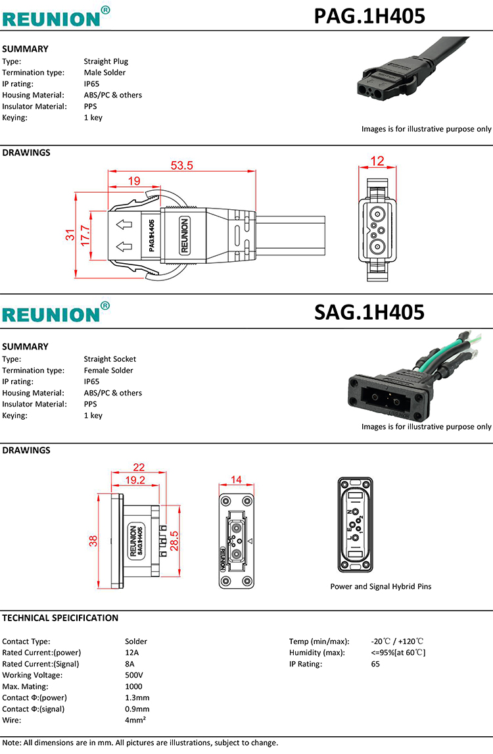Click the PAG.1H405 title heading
coord(369,15)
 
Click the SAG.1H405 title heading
coord(369,312)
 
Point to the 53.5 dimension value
coord(182,166)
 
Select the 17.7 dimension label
coord(85,236)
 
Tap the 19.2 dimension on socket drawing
coord(135,480)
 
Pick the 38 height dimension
coord(93,541)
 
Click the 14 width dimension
coord(235,480)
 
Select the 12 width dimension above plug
coord(377,161)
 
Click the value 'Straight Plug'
coord(106,61)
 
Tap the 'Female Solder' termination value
coord(108,370)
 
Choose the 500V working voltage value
coord(134,675)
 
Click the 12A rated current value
coord(132,653)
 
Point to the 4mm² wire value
coord(135,720)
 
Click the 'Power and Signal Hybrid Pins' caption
coord(381,586)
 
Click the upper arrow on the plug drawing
coord(124,226)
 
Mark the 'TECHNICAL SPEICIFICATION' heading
coord(60,618)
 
